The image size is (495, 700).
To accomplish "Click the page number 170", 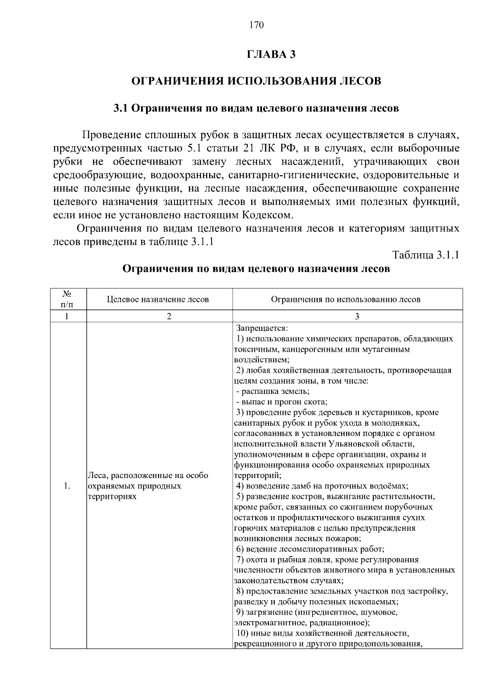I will click(256, 25).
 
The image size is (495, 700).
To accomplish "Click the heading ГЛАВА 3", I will click(271, 54).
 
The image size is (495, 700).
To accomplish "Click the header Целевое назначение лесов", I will click(158, 299).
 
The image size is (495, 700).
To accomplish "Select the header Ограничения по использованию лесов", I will click(346, 299).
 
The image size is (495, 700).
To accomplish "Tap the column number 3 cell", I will click(357, 316).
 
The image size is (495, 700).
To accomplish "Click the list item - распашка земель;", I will click(273, 391).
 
